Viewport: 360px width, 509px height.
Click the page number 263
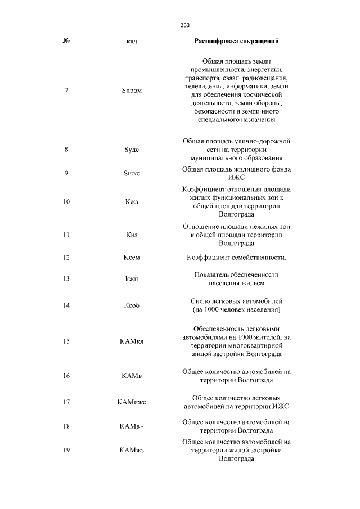[185, 25]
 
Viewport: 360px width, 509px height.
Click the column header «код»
[132, 42]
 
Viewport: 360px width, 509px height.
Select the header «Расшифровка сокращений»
[237, 42]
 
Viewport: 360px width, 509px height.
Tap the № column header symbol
[66, 42]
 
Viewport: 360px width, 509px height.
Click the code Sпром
[132, 91]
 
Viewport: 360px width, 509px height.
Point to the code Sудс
[132, 150]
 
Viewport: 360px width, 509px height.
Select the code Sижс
[132, 173]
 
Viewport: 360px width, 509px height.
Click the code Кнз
[132, 235]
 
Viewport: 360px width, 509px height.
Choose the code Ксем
[132, 258]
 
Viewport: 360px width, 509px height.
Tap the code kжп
[132, 279]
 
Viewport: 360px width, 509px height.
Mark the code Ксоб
[132, 305]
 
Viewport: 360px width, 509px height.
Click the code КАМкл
[132, 341]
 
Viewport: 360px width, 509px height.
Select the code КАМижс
[132, 402]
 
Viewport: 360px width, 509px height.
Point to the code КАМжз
[132, 451]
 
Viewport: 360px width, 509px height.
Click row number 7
[66, 91]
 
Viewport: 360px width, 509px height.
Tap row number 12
[66, 258]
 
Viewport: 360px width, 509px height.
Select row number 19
[66, 451]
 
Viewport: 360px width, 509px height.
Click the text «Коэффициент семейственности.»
[237, 258]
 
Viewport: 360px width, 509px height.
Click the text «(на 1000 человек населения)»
[237, 310]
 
